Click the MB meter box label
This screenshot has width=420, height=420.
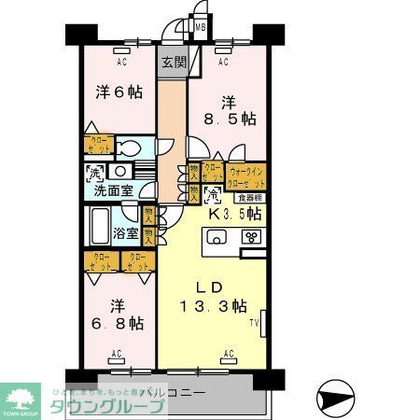[x=200, y=29]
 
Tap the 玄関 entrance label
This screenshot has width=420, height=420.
[x=173, y=63]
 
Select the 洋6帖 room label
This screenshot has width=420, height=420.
[x=118, y=92]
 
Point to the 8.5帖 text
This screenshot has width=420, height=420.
[x=231, y=119]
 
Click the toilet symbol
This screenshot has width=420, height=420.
[x=131, y=150]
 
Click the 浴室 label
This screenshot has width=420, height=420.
[x=126, y=232]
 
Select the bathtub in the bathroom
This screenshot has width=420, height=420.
[x=101, y=225]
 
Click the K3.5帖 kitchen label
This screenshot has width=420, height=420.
[x=234, y=215]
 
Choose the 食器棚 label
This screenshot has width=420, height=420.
[x=247, y=197]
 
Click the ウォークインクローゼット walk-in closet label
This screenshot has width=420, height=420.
[x=247, y=176]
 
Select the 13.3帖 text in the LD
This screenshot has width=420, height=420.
[x=214, y=305]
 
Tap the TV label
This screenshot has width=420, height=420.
[x=254, y=324]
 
